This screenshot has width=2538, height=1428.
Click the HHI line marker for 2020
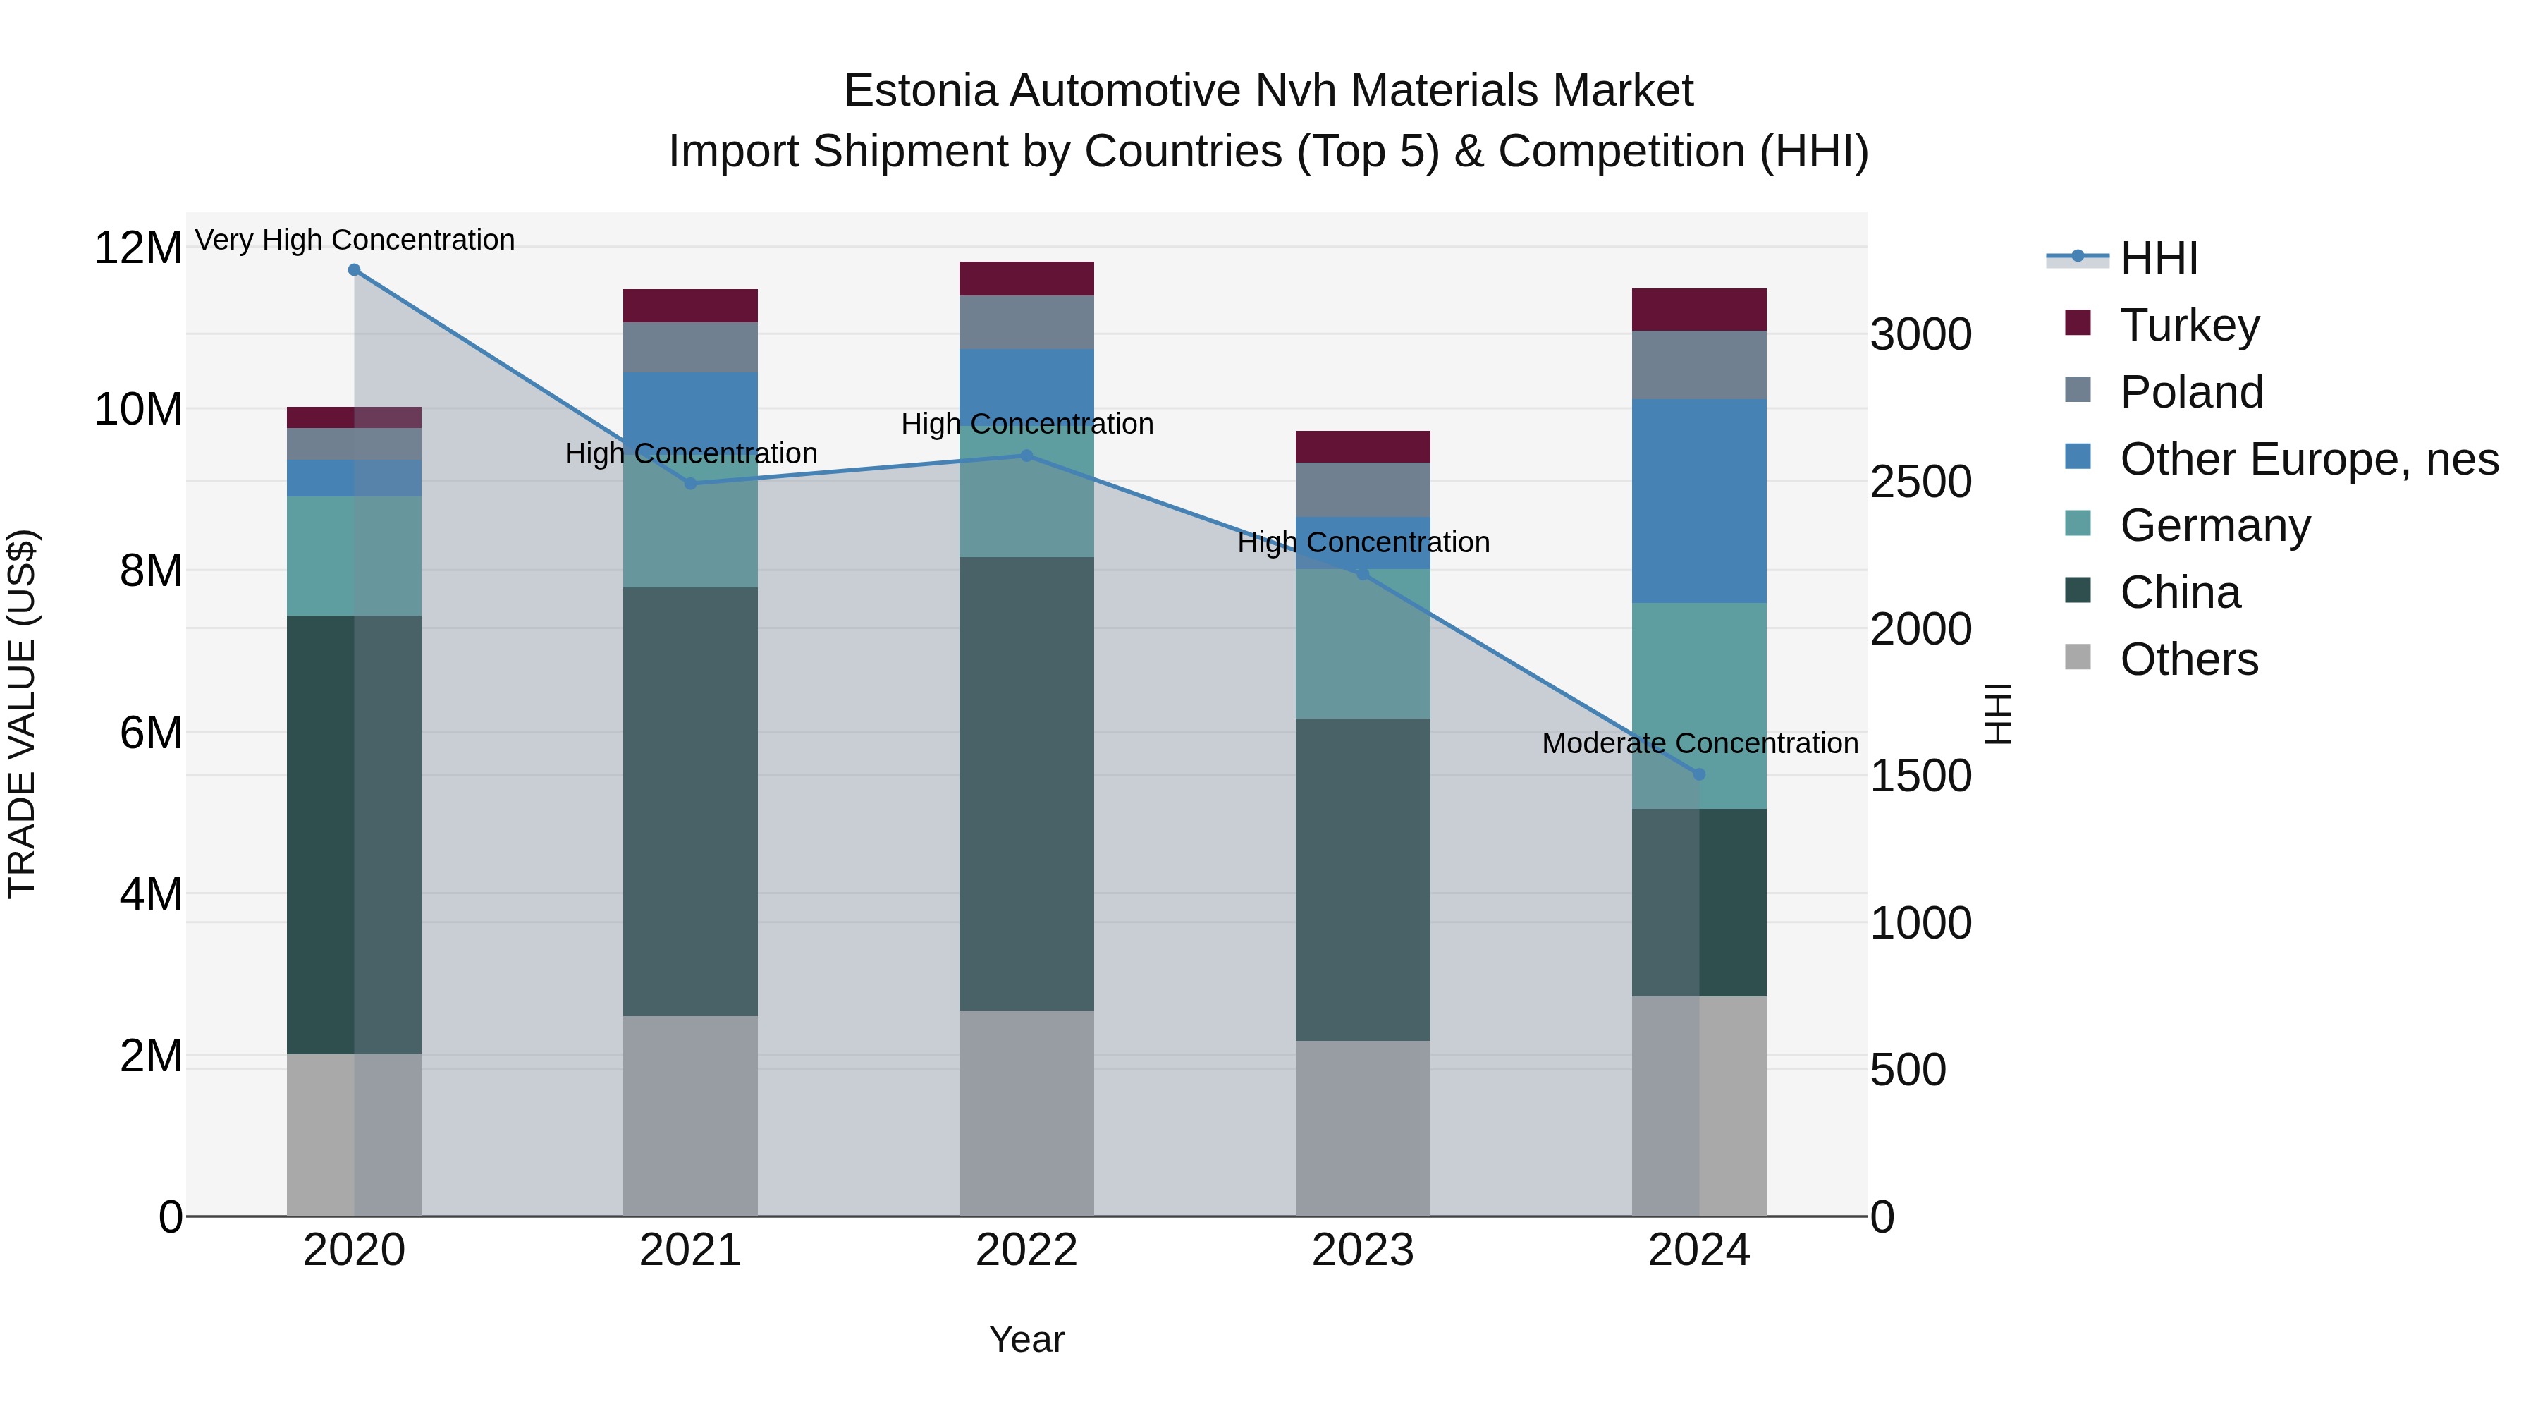(354, 269)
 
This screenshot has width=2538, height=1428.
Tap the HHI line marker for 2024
(1698, 774)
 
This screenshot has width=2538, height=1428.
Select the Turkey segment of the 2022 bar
(1026, 279)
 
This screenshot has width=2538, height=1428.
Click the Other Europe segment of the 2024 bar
(1698, 501)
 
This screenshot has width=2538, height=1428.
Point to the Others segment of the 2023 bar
(1363, 1128)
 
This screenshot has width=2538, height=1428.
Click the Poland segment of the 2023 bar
(1363, 490)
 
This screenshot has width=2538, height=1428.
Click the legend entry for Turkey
(2189, 325)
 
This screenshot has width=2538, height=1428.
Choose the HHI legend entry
(2158, 258)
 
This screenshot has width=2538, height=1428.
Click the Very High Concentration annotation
(355, 240)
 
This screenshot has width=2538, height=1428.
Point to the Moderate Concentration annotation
(1700, 743)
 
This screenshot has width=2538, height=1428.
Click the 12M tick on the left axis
(138, 248)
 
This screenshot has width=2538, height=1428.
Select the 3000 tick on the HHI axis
(1920, 335)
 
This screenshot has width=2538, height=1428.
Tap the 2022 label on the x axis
(1026, 1250)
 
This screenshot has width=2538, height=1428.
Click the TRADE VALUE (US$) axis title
(23, 714)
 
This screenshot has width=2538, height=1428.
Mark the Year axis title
(1026, 1339)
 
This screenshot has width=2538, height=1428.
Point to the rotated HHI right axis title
(1998, 714)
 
